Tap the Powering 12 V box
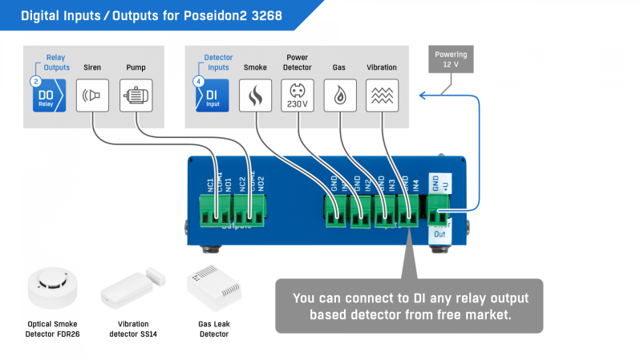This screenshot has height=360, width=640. (451, 59)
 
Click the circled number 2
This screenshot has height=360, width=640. (35, 81)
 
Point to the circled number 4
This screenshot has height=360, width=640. (198, 81)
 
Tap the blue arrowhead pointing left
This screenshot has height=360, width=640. (422, 96)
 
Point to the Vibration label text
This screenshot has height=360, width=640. (382, 68)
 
